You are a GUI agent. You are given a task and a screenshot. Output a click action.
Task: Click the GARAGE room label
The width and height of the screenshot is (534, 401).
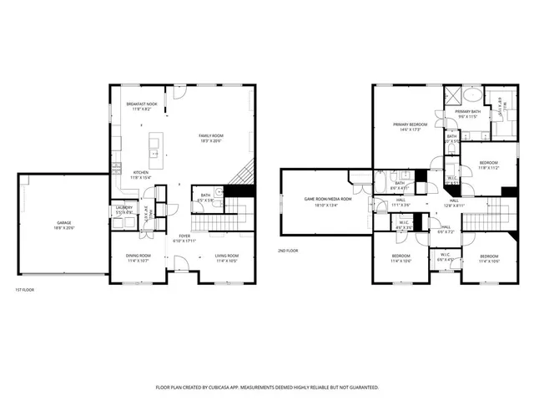coord(63,222)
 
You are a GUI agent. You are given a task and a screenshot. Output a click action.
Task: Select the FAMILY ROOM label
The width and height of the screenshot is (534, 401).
coord(211,135)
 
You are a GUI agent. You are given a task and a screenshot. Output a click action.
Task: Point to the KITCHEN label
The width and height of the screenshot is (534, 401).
coord(140,172)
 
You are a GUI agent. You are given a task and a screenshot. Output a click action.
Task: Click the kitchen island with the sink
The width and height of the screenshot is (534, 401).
coord(155,148)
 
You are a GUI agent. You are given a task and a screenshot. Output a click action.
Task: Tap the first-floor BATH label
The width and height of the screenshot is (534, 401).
coord(205,196)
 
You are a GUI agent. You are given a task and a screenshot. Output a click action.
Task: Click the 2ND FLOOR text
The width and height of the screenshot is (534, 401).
coord(289,250)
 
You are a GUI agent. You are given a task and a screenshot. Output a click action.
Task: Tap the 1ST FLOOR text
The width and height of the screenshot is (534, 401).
coord(24,289)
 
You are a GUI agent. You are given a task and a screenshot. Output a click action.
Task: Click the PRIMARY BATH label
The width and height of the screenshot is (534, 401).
coord(468,111)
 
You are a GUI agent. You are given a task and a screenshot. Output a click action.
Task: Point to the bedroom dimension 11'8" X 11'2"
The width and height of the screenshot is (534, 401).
coord(488,167)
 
